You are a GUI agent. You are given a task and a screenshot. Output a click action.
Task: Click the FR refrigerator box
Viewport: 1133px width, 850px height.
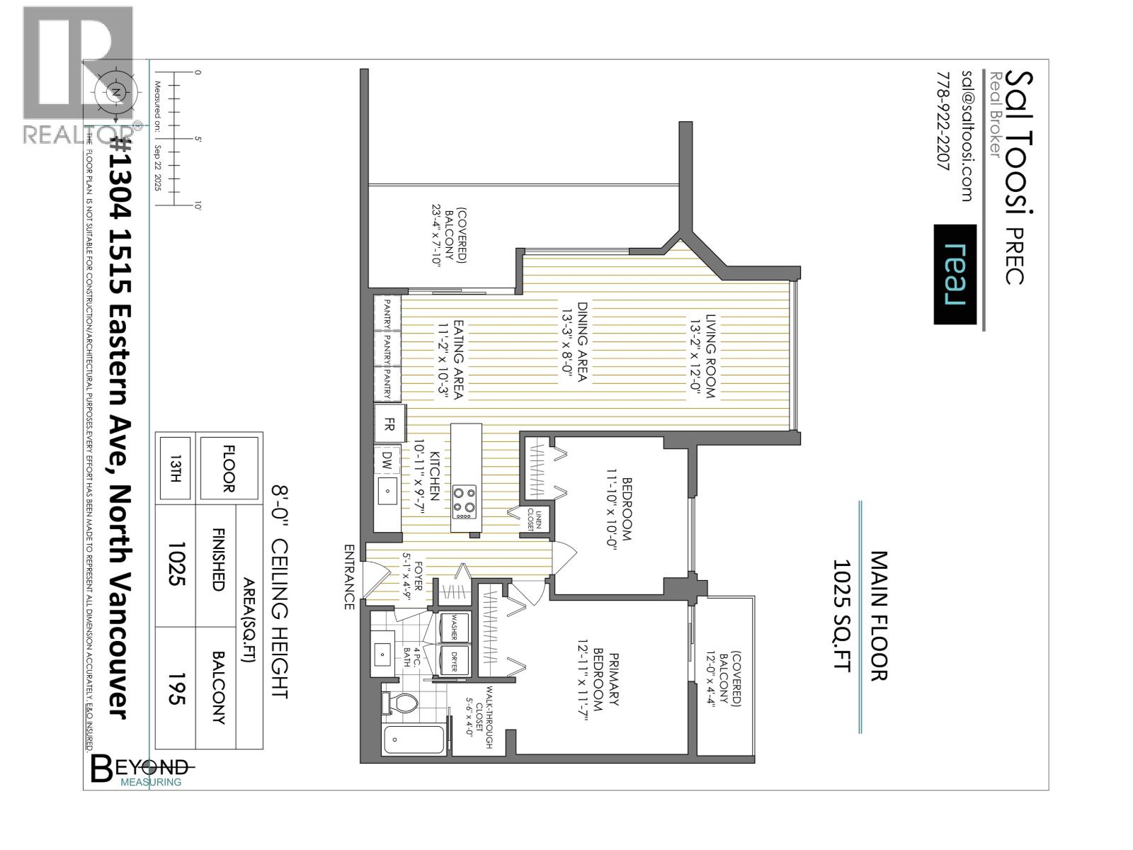389,424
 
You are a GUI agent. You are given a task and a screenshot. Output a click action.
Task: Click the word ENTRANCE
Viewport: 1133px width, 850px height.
348,577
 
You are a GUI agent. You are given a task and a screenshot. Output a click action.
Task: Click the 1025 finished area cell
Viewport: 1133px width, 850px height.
175,565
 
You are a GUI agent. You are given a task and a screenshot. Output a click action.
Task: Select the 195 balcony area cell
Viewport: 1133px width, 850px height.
175,688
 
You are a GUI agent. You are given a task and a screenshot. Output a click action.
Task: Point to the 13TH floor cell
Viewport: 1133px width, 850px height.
175,468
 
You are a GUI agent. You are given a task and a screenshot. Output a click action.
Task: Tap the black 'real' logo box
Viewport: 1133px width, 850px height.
955,274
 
